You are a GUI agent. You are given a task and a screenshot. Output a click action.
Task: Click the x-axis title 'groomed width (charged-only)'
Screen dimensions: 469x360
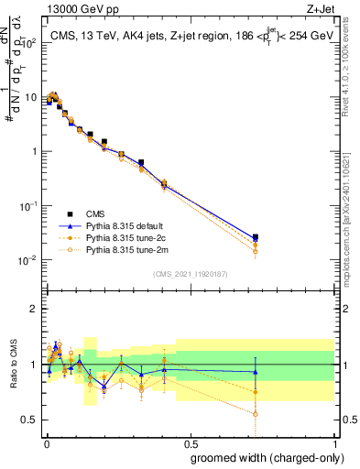click(262, 456)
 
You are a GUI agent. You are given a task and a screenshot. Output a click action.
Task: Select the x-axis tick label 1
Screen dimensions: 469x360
click(334, 442)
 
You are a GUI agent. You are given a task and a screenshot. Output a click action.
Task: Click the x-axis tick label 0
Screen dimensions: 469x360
click(46, 442)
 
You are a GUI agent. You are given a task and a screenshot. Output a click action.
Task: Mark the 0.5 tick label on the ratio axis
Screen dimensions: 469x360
click(32, 420)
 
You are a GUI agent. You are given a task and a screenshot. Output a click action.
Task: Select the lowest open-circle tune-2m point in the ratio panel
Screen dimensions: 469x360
click(256, 414)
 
